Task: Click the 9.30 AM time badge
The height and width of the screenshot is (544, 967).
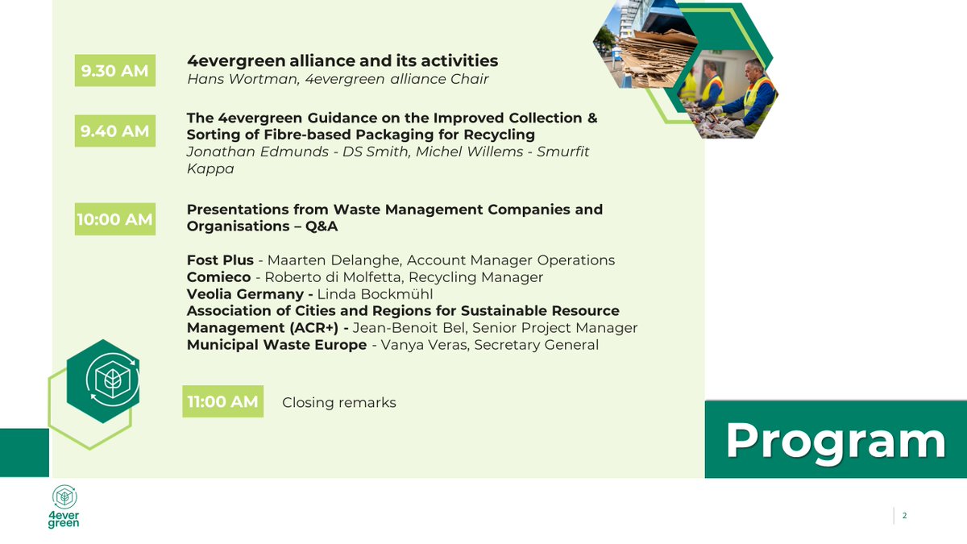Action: [x=114, y=71]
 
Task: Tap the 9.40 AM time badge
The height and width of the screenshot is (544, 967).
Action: [x=114, y=131]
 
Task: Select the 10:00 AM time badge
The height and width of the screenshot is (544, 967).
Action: [x=114, y=219]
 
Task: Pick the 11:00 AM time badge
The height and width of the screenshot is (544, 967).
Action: [x=222, y=401]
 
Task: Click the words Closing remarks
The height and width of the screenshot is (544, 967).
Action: [x=338, y=402]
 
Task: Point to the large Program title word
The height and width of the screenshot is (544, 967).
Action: [x=835, y=441]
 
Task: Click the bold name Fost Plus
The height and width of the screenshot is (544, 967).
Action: [x=220, y=260]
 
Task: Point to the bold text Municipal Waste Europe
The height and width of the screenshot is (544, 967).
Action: [x=276, y=345]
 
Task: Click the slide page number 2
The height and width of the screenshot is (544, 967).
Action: [x=905, y=516]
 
